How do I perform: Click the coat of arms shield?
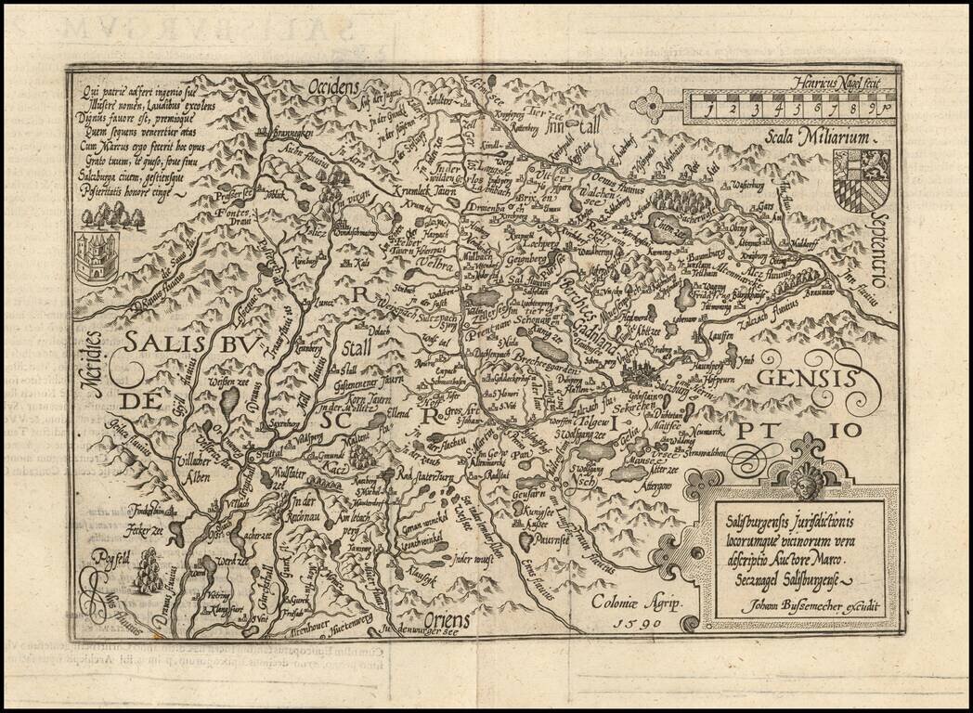(x=861, y=180)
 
